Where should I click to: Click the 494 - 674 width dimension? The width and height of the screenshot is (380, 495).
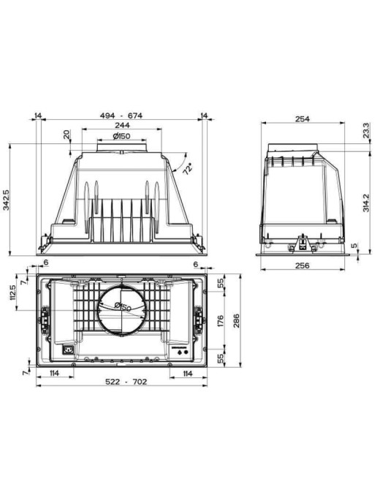click(x=121, y=116)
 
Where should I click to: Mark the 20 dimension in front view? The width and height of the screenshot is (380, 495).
click(x=66, y=135)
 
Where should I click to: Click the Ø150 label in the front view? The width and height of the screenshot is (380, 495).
click(x=121, y=137)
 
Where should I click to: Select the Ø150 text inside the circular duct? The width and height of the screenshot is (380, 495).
click(x=122, y=306)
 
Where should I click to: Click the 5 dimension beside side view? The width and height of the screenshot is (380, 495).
click(x=354, y=246)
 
